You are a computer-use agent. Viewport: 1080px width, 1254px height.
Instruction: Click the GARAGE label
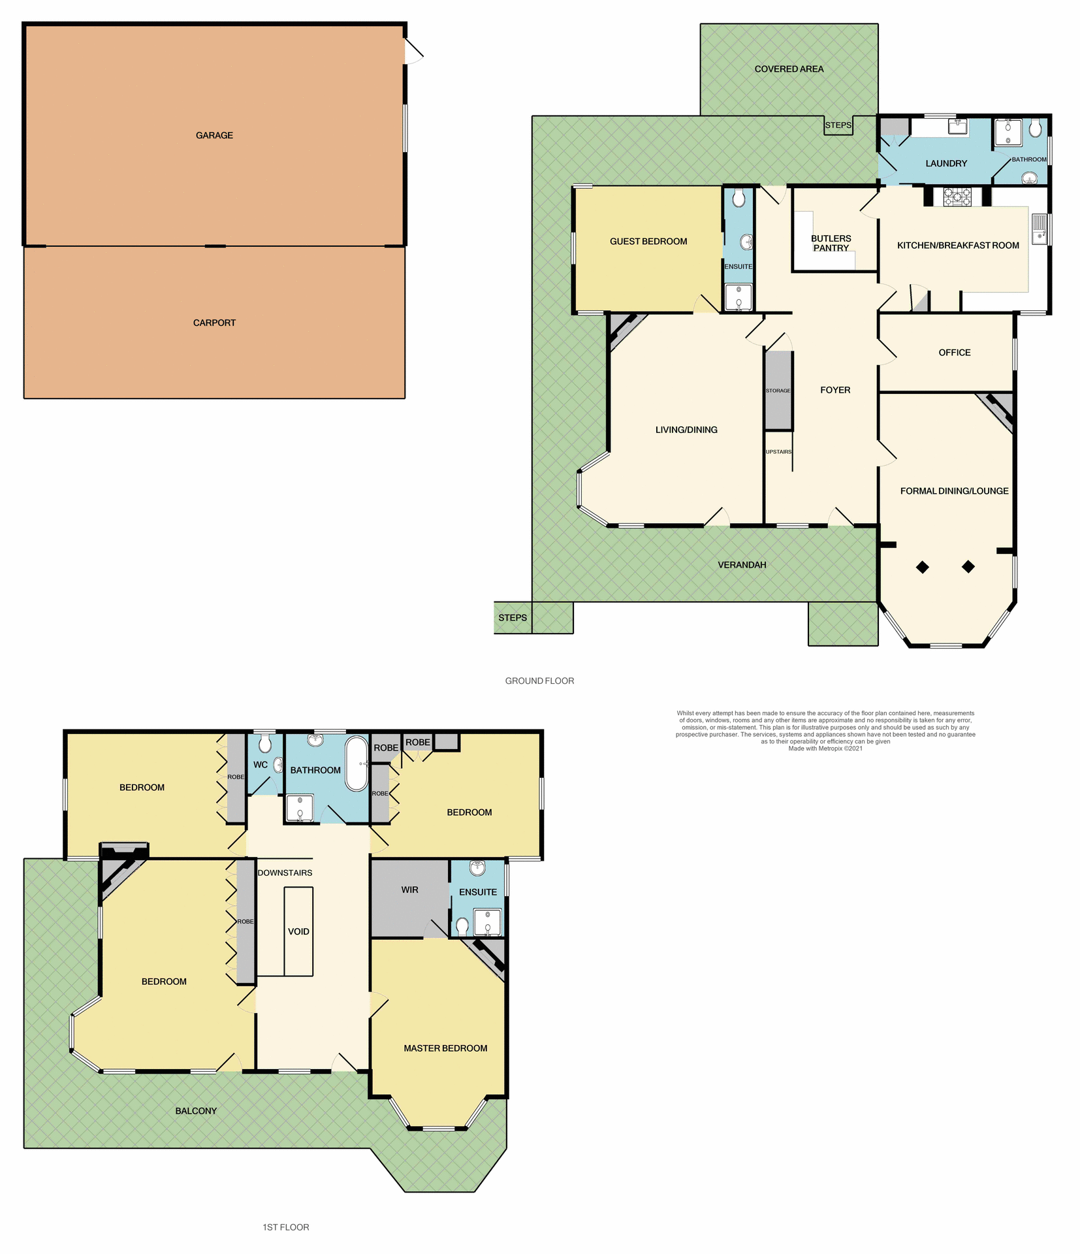[x=214, y=135]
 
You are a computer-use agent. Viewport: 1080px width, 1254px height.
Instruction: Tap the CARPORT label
[x=214, y=323]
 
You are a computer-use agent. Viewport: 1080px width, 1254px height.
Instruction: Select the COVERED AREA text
[x=789, y=69]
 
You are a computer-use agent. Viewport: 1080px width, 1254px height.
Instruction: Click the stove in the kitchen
[x=957, y=196]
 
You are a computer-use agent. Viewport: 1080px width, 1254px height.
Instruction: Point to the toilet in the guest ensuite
[x=739, y=198]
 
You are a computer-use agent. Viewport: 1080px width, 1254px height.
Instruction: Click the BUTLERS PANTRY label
[x=831, y=243]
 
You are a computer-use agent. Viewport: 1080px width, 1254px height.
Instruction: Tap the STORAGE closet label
[x=778, y=391]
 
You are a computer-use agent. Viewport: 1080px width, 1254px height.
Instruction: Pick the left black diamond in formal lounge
[x=922, y=567]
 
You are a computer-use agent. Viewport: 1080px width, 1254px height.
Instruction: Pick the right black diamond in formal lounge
[x=968, y=566]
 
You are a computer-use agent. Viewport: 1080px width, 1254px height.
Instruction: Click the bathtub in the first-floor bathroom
[x=356, y=764]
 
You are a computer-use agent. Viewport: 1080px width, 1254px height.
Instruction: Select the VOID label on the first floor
[x=298, y=931]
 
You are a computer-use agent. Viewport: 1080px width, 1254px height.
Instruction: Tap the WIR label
[x=409, y=890]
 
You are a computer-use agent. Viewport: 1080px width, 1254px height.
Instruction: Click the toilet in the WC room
[x=264, y=743]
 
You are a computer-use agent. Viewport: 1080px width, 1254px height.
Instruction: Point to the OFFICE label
[x=954, y=353]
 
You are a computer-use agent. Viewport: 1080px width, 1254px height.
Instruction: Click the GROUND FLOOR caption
[x=539, y=681]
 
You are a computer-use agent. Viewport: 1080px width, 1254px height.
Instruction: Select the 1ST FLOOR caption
[x=285, y=1227]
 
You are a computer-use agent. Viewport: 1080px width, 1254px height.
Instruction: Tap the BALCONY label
[x=196, y=1110]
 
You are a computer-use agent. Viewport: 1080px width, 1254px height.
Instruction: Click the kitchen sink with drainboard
[x=1039, y=229]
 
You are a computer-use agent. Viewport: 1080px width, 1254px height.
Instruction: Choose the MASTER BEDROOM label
[x=445, y=1048]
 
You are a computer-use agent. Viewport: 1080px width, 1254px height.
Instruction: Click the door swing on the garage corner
[x=413, y=51]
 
